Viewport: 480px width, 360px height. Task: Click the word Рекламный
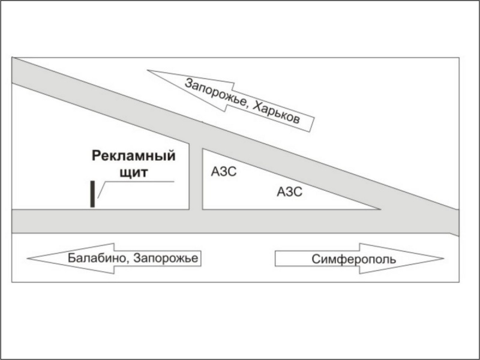click(134, 157)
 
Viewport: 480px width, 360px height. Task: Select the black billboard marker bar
click(92, 194)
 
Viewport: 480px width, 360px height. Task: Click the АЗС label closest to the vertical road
click(224, 172)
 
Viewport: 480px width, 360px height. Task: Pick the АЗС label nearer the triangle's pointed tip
click(289, 193)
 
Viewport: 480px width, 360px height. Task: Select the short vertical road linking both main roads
click(196, 177)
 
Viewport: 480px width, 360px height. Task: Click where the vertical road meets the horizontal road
click(196, 221)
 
